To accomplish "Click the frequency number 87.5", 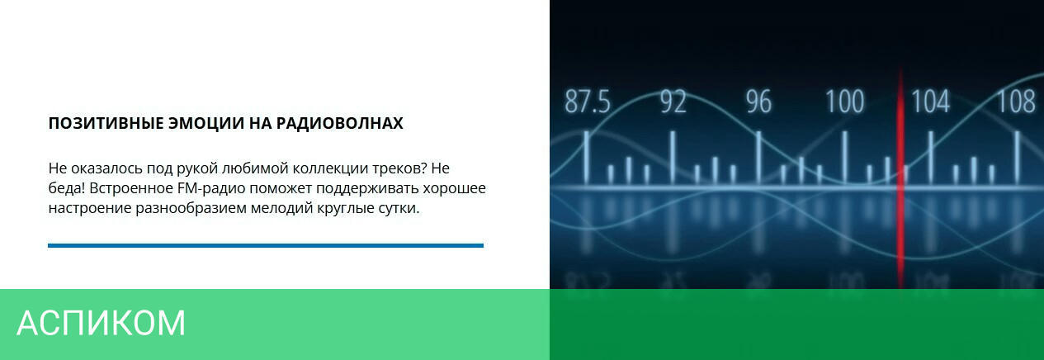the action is pyautogui.click(x=588, y=102).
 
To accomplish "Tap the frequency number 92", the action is pyautogui.click(x=673, y=102).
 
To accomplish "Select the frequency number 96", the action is pyautogui.click(x=758, y=102).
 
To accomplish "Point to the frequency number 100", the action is pyautogui.click(x=844, y=102).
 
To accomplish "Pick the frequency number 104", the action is pyautogui.click(x=930, y=102).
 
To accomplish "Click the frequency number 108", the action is pyautogui.click(x=1016, y=102).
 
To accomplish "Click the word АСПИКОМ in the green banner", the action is pyautogui.click(x=102, y=323).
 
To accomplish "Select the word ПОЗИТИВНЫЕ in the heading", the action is pyautogui.click(x=106, y=123).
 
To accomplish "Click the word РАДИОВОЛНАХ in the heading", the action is pyautogui.click(x=340, y=123).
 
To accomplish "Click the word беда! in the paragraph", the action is pyautogui.click(x=67, y=188).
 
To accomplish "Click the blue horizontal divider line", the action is pyautogui.click(x=266, y=245).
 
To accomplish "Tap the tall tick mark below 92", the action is pyautogui.click(x=673, y=157).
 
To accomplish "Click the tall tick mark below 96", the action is pyautogui.click(x=758, y=157).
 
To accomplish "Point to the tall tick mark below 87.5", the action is pyautogui.click(x=587, y=157).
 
